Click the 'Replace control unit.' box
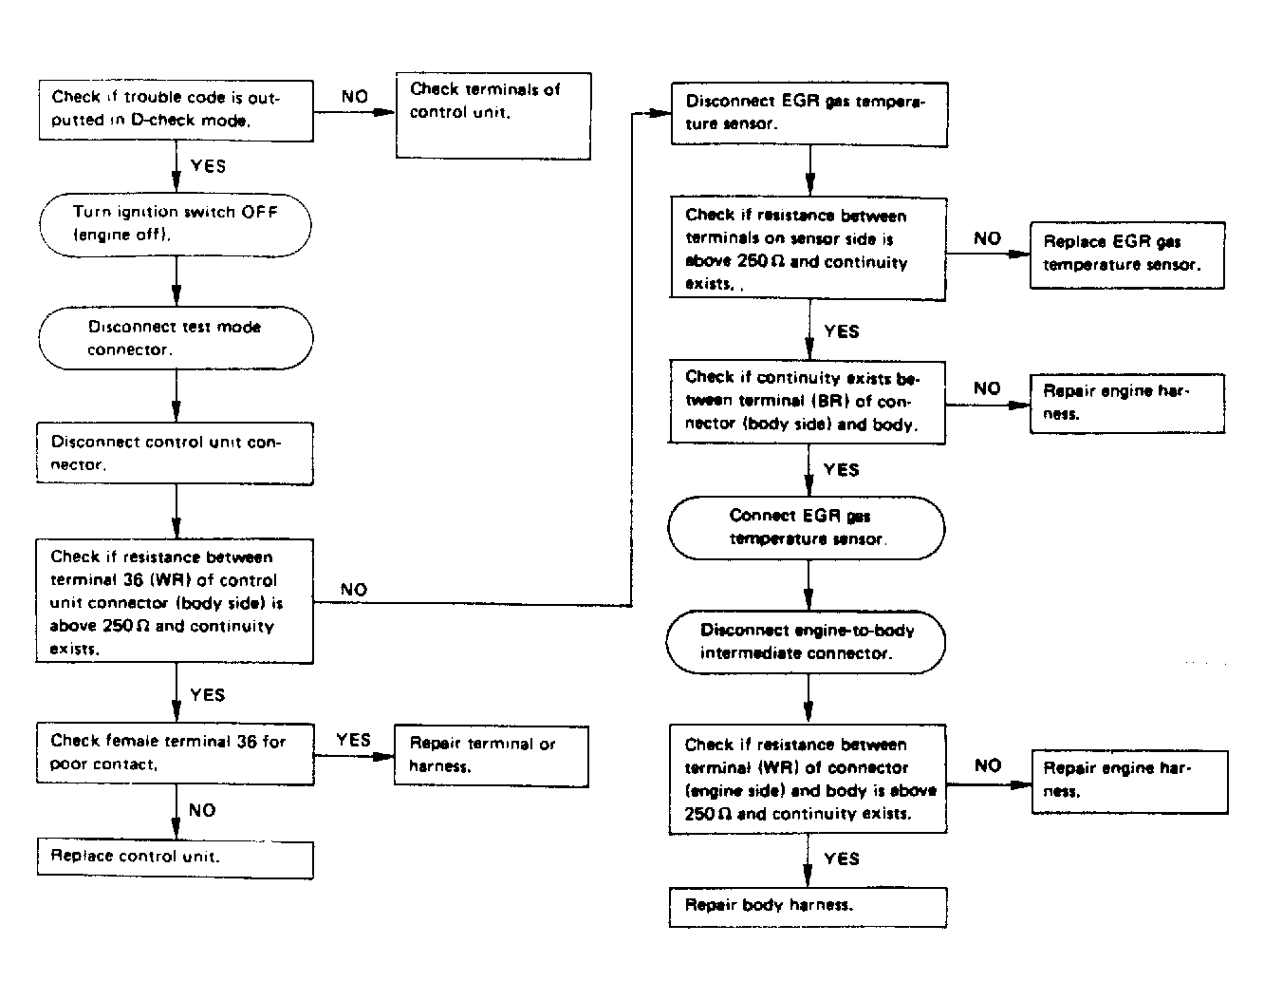[175, 859]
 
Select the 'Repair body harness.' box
[808, 907]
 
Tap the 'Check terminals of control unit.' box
[493, 116]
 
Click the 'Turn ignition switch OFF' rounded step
[176, 224]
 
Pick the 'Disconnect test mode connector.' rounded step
[176, 338]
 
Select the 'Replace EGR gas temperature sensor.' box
[1127, 255]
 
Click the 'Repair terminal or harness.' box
[491, 756]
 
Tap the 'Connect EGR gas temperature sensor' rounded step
[807, 528]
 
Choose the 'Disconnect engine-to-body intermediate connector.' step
[806, 642]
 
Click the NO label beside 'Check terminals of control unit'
[355, 97]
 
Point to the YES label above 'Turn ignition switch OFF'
[208, 166]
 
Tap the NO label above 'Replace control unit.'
[202, 810]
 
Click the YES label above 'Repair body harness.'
[842, 858]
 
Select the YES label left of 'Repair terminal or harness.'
[354, 740]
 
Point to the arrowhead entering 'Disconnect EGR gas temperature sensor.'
[662, 113]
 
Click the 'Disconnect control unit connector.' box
[175, 453]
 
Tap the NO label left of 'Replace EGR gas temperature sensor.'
[987, 238]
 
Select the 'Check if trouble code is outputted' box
[177, 110]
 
